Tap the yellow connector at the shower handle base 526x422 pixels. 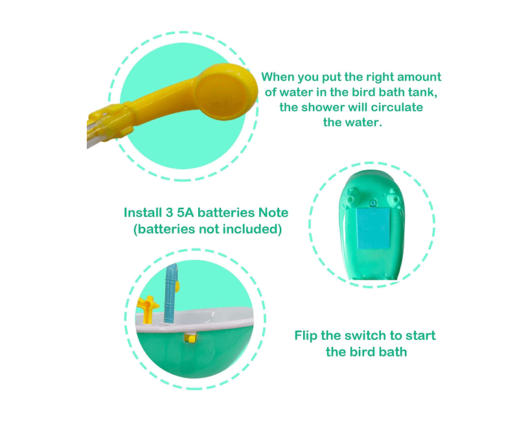[109, 122]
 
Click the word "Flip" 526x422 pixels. [306, 336]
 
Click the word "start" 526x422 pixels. [420, 335]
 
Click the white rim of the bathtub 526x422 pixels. [194, 321]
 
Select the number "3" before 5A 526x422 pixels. [169, 212]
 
